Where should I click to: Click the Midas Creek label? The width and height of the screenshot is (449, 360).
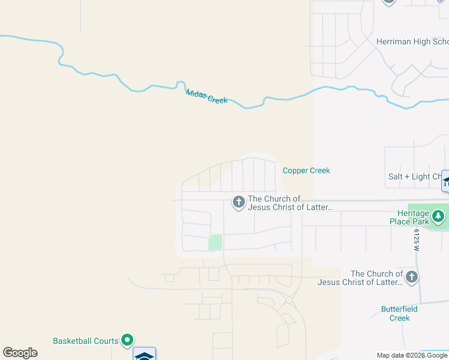[x=206, y=97]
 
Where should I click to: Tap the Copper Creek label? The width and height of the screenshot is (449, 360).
[x=306, y=170]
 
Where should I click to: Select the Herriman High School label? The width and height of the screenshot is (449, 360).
[x=412, y=41]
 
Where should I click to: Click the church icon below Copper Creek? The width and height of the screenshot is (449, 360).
[x=238, y=202]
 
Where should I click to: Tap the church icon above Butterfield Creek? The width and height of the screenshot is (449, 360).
[x=411, y=277]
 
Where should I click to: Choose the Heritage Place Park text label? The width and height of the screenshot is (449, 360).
[x=413, y=217]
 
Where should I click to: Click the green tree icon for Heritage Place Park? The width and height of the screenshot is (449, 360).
[x=439, y=215]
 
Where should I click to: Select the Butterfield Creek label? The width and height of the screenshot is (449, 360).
[x=399, y=313]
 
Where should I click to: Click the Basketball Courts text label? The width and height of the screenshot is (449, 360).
[x=85, y=341]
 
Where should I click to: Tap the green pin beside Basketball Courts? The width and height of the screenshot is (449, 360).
[x=127, y=341]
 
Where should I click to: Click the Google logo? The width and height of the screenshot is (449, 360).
[x=20, y=353]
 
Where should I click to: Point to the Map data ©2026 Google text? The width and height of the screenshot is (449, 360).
[x=412, y=355]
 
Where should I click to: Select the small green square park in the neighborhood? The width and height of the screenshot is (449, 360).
[x=215, y=242]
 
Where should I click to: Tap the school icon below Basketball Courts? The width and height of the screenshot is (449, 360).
[x=144, y=355]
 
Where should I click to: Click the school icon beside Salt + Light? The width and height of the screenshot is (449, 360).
[x=445, y=181]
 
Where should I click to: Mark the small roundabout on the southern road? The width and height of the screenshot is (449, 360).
[x=289, y=299]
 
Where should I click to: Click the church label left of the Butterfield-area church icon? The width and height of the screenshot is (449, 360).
[x=360, y=278]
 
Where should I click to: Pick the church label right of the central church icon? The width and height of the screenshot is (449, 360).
[x=290, y=203]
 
